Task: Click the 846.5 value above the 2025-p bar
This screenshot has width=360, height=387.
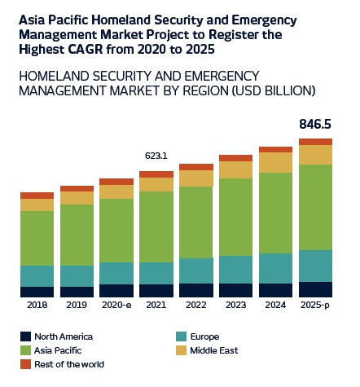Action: click(315, 124)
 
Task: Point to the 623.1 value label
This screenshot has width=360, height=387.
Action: click(156, 156)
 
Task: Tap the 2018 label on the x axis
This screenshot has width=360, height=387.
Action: click(37, 305)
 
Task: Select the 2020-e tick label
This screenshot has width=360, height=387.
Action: click(116, 305)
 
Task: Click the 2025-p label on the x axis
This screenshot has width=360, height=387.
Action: click(315, 305)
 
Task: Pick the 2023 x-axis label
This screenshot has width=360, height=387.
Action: click(235, 305)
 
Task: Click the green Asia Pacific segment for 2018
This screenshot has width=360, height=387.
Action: click(37, 238)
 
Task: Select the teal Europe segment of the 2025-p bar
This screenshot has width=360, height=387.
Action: click(315, 266)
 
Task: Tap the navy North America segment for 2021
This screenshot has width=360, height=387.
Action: click(156, 291)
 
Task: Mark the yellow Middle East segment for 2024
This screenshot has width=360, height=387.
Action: click(275, 162)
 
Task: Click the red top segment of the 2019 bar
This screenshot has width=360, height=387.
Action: click(77, 189)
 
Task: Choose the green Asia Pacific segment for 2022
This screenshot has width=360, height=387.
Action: click(196, 222)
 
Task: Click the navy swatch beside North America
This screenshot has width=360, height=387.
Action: click(25, 336)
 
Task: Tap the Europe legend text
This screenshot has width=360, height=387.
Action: click(204, 336)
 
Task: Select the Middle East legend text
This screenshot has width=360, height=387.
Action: click(214, 350)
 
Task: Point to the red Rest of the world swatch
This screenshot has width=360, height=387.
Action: click(25, 364)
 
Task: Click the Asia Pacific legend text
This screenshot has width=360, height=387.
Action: click(58, 350)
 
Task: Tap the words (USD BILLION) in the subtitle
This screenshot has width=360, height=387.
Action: click(274, 90)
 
